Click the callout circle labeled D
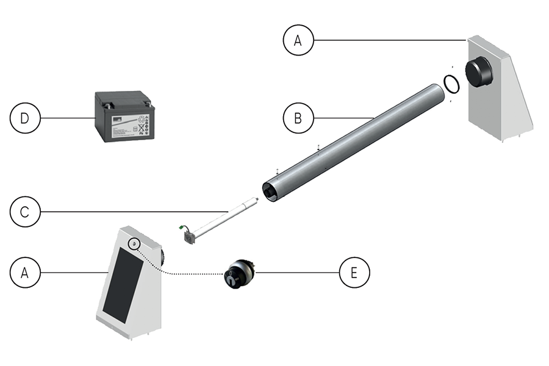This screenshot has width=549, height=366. click(25, 118)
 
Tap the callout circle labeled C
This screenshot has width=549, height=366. click(25, 212)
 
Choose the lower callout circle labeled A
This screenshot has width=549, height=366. click(25, 273)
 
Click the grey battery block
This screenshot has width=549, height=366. click(124, 116)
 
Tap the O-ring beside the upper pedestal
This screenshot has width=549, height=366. click(451, 84)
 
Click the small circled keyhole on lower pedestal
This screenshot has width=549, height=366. click(133, 243)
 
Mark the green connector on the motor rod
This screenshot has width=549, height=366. click(181, 230)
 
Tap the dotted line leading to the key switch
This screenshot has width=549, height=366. click(183, 273)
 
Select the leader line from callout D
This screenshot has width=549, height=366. click(67, 118)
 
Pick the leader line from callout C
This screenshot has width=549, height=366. click(134, 212)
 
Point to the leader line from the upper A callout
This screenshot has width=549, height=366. click(390, 40)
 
